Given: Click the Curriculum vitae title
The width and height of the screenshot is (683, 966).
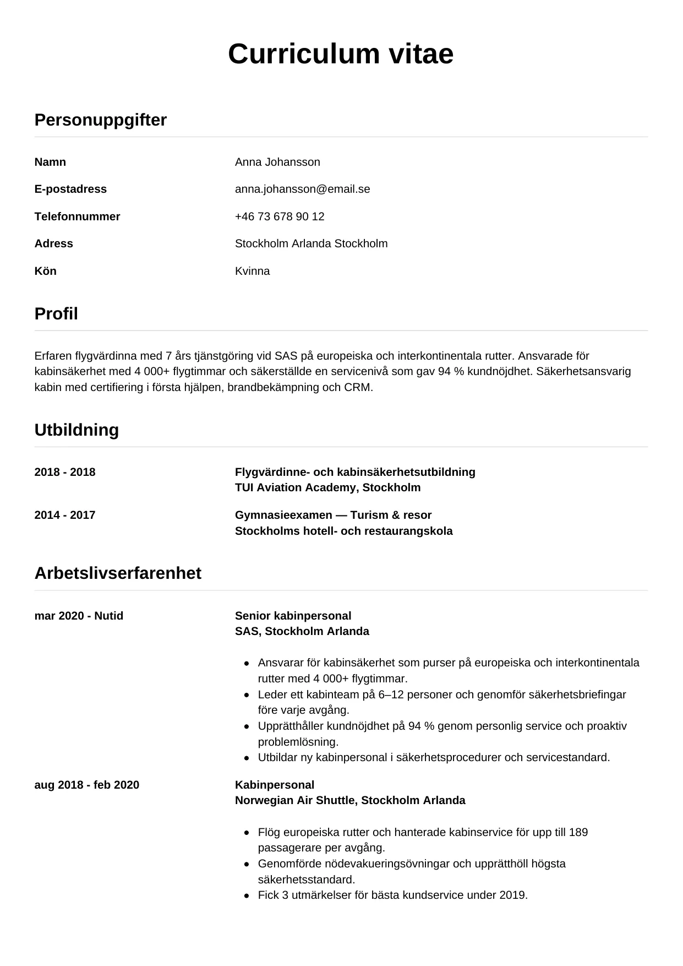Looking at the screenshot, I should click(x=341, y=54).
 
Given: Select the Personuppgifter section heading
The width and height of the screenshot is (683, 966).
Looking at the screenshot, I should click(x=100, y=120).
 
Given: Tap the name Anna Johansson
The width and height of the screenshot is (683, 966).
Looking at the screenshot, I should click(x=277, y=162).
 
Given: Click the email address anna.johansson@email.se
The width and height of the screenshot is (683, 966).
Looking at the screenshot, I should click(x=302, y=189).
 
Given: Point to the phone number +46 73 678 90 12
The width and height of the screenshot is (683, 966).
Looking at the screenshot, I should click(x=280, y=216).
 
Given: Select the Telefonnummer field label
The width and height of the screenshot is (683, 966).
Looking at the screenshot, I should click(x=77, y=216).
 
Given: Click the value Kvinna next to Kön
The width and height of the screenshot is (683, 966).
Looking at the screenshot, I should click(x=252, y=271).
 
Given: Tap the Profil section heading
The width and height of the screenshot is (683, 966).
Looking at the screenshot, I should click(x=56, y=313).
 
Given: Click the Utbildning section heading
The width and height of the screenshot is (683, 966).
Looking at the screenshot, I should click(x=77, y=430).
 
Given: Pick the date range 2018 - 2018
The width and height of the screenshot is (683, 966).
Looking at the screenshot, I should click(x=64, y=472).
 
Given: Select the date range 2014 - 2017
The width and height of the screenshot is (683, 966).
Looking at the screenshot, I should click(x=64, y=515).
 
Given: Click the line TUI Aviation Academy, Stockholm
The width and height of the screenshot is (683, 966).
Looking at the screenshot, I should click(x=327, y=487).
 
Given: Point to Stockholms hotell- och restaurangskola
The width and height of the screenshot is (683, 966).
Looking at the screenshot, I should click(x=343, y=531).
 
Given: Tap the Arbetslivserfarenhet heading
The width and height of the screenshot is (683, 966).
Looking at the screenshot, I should click(x=118, y=573).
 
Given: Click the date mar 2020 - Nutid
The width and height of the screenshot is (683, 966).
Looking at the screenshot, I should click(x=79, y=616).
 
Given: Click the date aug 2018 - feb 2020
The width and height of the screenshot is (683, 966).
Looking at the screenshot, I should click(x=86, y=785).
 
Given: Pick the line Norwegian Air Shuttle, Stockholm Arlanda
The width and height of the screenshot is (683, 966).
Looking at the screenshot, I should click(x=350, y=800).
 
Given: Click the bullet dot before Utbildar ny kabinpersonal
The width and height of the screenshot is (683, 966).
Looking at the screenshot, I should click(x=247, y=758).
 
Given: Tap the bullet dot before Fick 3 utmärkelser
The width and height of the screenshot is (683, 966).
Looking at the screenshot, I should click(x=247, y=896).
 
